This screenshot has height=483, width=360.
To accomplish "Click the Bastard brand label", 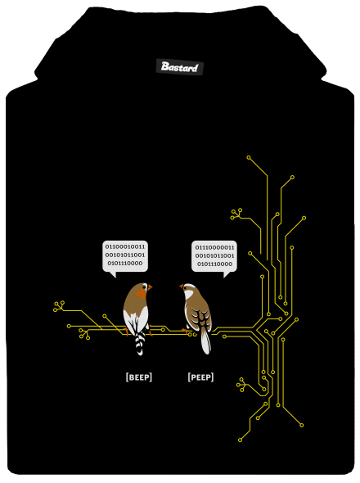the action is (x=179, y=67).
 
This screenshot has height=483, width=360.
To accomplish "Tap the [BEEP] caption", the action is (x=139, y=377).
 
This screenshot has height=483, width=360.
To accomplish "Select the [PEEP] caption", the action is (x=200, y=377).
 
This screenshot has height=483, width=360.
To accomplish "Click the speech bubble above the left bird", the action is (x=125, y=257).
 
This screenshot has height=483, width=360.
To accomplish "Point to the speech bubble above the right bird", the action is (x=214, y=257).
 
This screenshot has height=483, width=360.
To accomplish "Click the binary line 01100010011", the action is (x=125, y=246).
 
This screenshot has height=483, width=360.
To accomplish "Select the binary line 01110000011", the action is (x=214, y=247).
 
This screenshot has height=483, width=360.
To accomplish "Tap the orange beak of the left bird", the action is (x=150, y=287).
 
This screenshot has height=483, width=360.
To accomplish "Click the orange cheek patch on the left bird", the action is (x=142, y=294).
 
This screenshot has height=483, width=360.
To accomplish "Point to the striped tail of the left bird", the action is (x=140, y=343).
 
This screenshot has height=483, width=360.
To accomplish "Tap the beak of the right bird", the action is (x=182, y=287).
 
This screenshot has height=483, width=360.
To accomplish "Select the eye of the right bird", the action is (x=185, y=287).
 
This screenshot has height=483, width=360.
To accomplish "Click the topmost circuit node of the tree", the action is (x=249, y=158).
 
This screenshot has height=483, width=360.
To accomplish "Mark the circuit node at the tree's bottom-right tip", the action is (x=301, y=425).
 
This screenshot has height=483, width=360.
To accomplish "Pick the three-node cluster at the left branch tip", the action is (x=59, y=306).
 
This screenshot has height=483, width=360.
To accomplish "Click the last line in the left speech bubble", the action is (x=125, y=264).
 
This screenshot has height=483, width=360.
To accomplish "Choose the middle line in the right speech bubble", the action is (x=214, y=255).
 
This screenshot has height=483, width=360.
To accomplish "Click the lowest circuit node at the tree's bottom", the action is (x=241, y=440).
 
